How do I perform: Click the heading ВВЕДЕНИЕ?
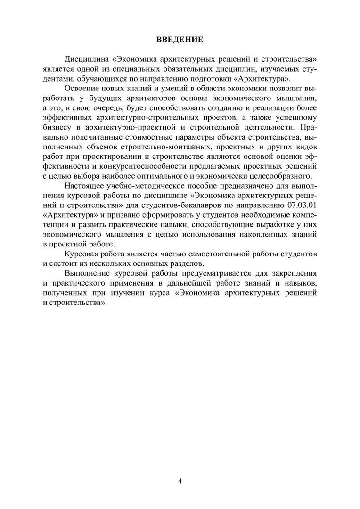(x=180, y=40)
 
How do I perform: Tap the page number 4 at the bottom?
(x=180, y=481)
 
